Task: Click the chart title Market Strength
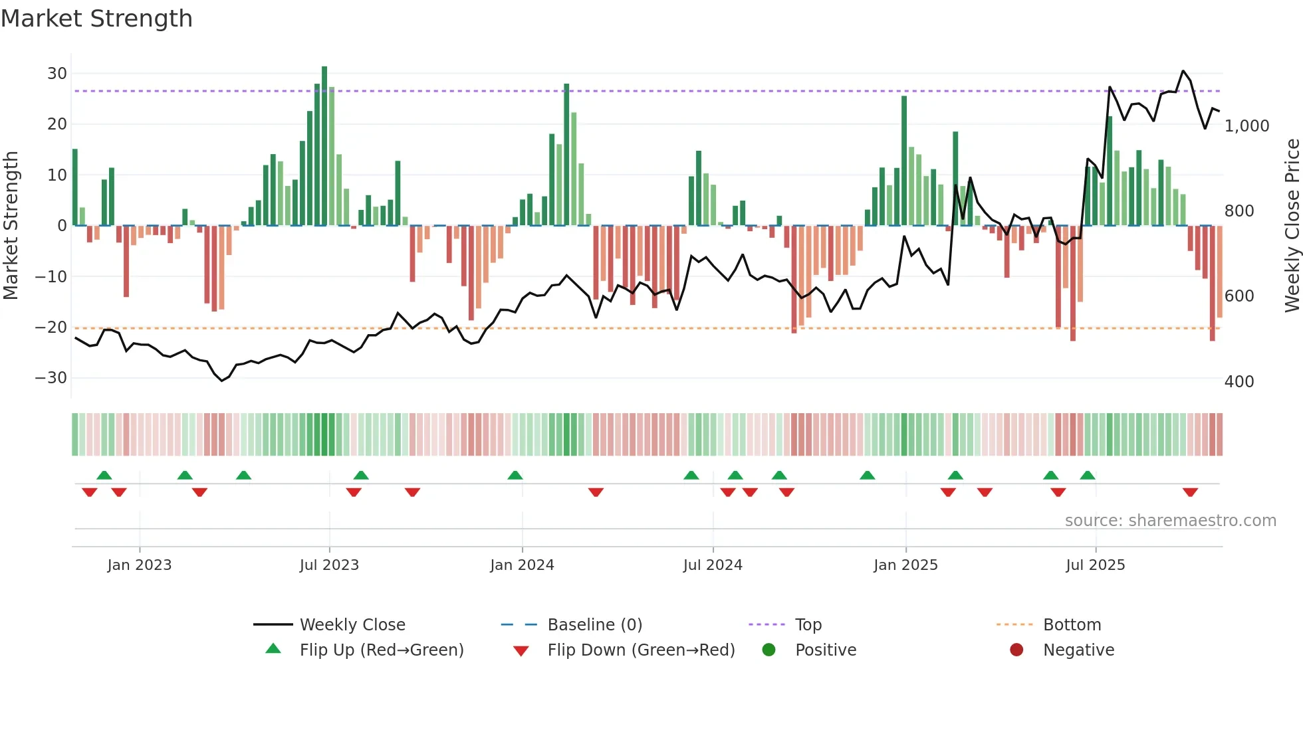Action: [96, 19]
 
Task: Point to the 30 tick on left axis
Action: [57, 74]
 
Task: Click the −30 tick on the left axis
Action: [51, 378]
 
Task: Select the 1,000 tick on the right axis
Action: [1246, 126]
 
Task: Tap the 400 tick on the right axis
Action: [1239, 382]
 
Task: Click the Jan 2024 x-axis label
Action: [522, 565]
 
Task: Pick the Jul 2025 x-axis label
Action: [1095, 565]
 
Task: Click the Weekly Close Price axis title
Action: [1292, 226]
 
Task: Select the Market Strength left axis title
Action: [11, 226]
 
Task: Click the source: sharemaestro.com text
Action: [1170, 521]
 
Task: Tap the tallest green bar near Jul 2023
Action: [324, 146]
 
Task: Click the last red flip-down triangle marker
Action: [1190, 492]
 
